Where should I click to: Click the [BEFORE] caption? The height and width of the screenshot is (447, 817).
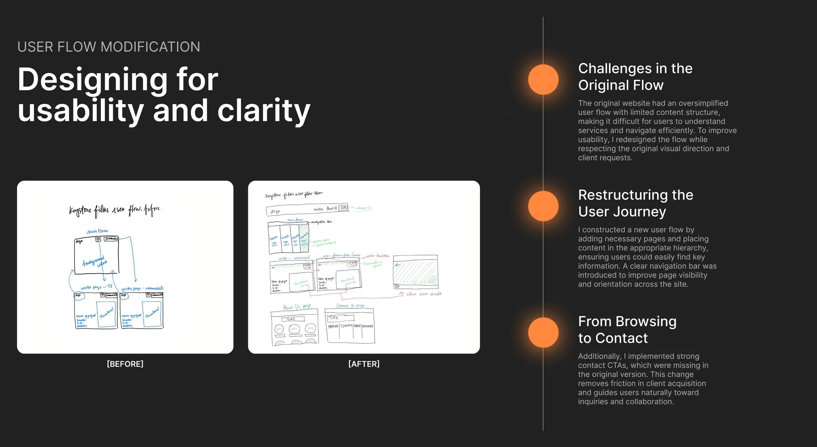125,364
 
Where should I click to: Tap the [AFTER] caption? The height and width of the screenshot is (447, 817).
364,364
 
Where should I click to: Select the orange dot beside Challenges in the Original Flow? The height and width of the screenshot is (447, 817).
543,79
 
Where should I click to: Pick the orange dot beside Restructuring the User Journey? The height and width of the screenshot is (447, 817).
543,206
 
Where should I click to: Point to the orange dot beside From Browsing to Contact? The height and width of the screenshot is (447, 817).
543,332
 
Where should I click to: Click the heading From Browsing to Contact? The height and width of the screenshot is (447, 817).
627,329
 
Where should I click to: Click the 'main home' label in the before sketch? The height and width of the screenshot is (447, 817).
97,231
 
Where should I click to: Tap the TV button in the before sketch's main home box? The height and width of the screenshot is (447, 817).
98,240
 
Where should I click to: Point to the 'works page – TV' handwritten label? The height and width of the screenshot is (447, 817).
96,287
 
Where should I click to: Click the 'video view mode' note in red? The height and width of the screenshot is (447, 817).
424,294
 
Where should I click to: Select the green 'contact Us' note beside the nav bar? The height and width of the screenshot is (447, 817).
363,208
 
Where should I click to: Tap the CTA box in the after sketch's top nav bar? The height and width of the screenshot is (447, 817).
343,208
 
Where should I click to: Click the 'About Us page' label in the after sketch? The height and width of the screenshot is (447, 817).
297,307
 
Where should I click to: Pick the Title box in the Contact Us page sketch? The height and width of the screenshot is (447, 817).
341,318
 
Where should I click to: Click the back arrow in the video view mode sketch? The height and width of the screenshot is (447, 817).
397,265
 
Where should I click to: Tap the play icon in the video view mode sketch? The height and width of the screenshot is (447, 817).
397,286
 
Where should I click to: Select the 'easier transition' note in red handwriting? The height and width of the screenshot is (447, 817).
377,256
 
